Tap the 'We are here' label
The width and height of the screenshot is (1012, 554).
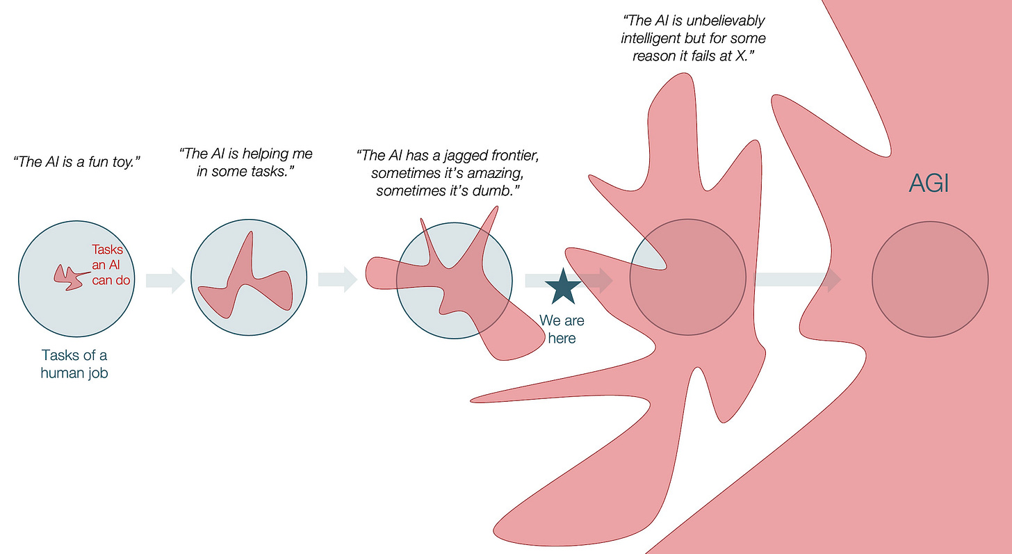(x=562, y=329)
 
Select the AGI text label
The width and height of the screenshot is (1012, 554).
(x=929, y=184)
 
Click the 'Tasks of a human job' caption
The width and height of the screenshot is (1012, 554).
(x=75, y=364)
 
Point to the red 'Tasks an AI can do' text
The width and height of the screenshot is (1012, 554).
(x=111, y=265)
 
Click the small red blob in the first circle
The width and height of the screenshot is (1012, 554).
(x=67, y=277)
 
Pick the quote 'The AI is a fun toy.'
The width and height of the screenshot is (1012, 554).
(x=77, y=163)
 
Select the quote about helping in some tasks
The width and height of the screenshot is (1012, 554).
(x=245, y=162)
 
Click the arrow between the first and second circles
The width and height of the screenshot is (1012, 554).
(x=165, y=280)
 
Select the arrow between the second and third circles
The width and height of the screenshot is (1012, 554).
(x=337, y=280)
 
